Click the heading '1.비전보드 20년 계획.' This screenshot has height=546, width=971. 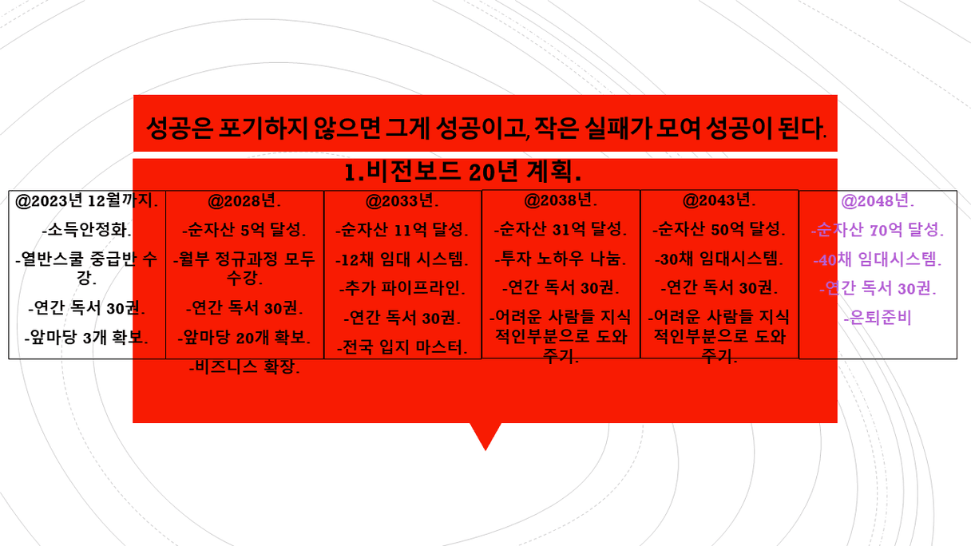pyautogui.click(x=462, y=172)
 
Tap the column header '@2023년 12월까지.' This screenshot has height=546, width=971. pyautogui.click(x=87, y=201)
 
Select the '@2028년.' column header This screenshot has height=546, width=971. pyautogui.click(x=244, y=200)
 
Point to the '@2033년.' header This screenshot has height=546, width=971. pyautogui.click(x=402, y=200)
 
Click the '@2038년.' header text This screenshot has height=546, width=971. pyautogui.click(x=561, y=200)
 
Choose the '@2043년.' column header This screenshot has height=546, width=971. pyautogui.click(x=719, y=200)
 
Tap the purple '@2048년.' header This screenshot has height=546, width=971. pyautogui.click(x=878, y=201)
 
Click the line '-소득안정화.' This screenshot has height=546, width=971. pyautogui.click(x=87, y=230)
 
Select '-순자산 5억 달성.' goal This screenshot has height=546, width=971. pyautogui.click(x=244, y=230)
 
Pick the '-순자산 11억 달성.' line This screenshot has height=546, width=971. pyautogui.click(x=402, y=230)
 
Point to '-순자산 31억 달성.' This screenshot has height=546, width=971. pyautogui.click(x=561, y=229)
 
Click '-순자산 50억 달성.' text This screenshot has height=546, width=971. pyautogui.click(x=719, y=229)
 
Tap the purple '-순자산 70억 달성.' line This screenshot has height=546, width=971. pyautogui.click(x=878, y=230)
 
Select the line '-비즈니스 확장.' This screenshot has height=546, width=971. pyautogui.click(x=244, y=367)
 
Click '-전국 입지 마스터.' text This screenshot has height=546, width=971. pyautogui.click(x=402, y=347)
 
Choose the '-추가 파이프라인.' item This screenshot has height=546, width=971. pyautogui.click(x=402, y=288)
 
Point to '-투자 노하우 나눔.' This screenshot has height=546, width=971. pyautogui.click(x=561, y=259)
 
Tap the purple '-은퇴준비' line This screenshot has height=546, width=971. pyautogui.click(x=878, y=318)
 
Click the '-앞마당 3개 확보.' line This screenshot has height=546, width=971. pyautogui.click(x=87, y=337)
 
